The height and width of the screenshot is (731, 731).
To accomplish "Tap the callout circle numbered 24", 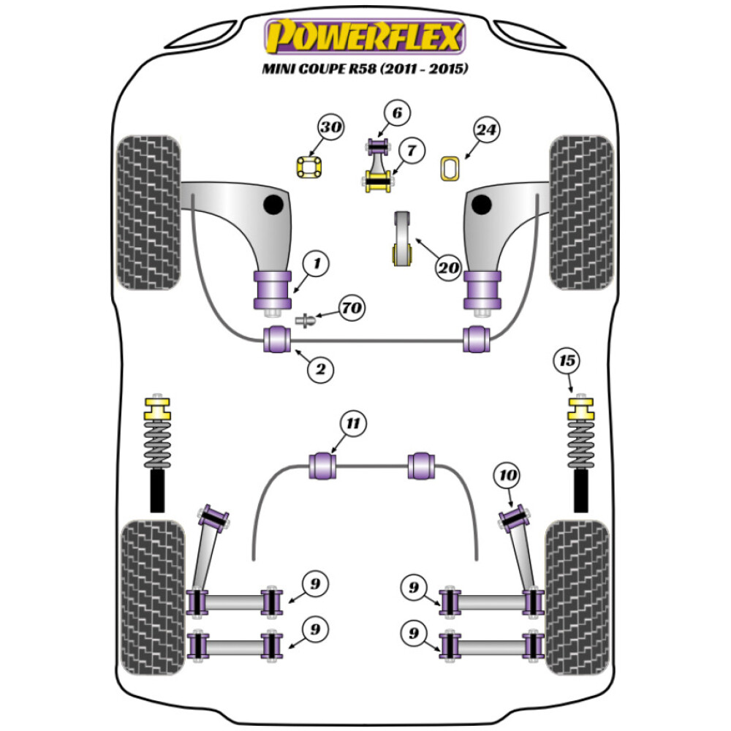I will tap(486, 131).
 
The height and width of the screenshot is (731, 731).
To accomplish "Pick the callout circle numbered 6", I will tap(397, 113).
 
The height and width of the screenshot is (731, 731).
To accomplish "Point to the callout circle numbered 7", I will tap(412, 151).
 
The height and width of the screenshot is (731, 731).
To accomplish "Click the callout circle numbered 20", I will tap(448, 268).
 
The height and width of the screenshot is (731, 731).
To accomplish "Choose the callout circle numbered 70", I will tap(351, 308).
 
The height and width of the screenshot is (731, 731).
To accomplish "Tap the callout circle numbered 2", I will tap(319, 370).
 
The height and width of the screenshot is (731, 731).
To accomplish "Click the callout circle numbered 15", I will tap(567, 360).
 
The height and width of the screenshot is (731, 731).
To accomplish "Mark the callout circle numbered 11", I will tap(353, 423).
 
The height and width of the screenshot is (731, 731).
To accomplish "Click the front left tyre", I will tap(148, 212).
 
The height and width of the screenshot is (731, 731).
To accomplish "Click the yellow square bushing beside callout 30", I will tap(309, 168).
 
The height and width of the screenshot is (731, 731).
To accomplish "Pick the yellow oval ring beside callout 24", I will tap(450, 168).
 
